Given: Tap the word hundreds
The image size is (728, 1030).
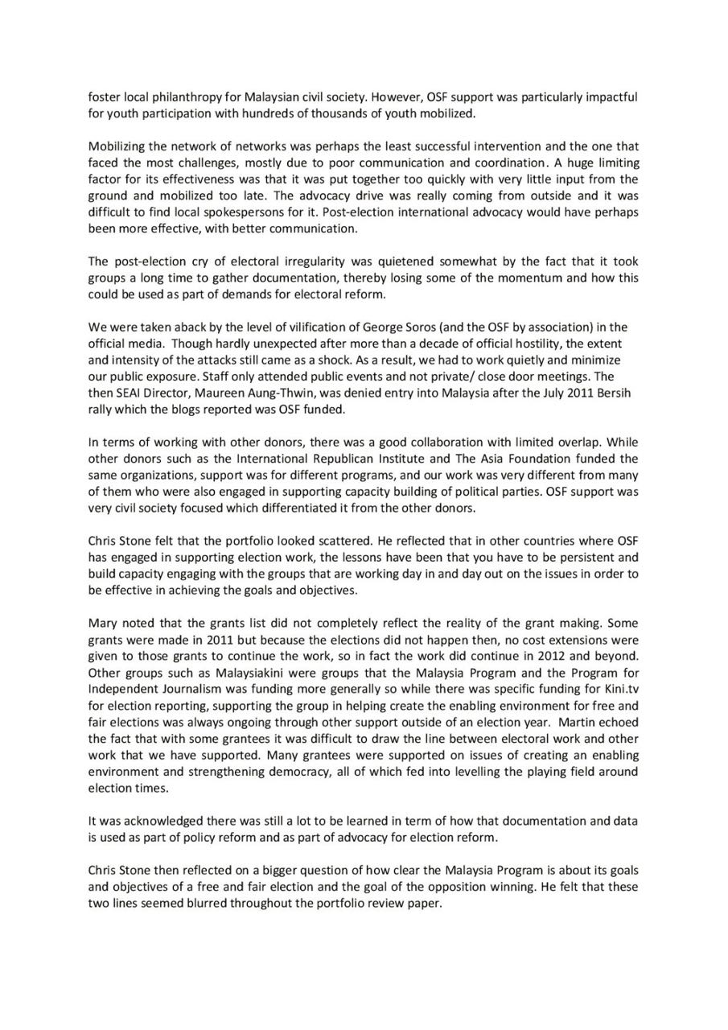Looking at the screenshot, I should (x=286, y=113).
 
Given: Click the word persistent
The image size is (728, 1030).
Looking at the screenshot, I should (x=580, y=556).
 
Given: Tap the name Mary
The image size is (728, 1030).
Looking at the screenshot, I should (x=102, y=622).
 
